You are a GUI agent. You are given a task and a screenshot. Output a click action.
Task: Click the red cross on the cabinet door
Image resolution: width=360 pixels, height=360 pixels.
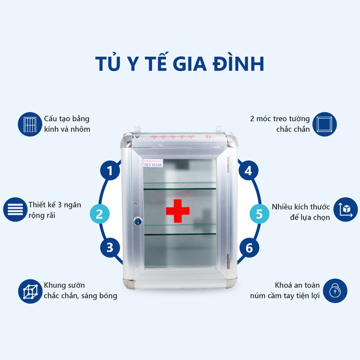point(178,211)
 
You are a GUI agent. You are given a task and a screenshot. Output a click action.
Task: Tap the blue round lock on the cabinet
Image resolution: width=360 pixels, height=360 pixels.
point(138,221)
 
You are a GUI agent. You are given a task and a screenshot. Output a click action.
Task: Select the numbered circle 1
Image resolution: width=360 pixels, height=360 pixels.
point(110,171)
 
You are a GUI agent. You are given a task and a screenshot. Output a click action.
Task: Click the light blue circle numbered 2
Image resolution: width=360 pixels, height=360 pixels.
point(99,214)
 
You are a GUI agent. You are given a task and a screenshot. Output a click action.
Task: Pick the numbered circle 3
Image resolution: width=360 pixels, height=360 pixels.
point(110,247)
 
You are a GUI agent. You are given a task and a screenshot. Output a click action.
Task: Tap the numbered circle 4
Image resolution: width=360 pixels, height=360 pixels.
point(249,171)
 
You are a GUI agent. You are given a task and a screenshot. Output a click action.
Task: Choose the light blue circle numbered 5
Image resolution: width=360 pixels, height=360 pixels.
point(259,214)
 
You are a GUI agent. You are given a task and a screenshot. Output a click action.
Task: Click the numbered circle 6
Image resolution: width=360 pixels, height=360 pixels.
point(249,248)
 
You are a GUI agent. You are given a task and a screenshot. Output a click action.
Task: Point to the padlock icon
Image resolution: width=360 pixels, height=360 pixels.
point(335,290)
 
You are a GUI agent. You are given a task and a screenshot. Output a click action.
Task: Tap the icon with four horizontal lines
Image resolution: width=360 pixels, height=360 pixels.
point(15,210)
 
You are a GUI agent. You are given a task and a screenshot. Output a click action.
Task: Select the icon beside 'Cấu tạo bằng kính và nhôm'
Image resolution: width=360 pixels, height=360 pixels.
point(30,124)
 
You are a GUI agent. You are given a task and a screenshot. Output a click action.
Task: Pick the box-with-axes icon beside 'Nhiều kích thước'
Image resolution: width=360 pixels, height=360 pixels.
point(346,210)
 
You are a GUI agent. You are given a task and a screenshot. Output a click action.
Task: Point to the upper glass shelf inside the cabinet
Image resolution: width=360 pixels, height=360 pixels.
point(180,185)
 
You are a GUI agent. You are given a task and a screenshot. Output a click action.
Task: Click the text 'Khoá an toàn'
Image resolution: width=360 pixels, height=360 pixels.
point(297,285)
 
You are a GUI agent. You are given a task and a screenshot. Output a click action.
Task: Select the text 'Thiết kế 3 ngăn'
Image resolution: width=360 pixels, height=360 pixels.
point(55,205)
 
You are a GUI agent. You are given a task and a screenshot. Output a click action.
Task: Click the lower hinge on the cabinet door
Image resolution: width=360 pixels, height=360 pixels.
point(229,261)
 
